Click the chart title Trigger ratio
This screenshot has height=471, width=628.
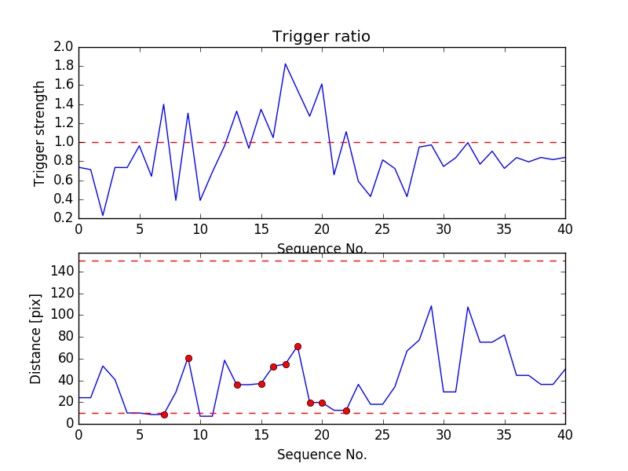click(321, 37)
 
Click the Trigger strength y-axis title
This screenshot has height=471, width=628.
click(40, 133)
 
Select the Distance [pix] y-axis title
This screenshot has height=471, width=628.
click(36, 338)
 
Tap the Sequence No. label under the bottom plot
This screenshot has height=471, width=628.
click(321, 454)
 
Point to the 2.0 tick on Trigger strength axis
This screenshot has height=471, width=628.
click(64, 47)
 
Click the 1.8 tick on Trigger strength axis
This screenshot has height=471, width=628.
click(64, 66)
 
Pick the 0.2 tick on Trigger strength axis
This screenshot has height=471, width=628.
click(64, 217)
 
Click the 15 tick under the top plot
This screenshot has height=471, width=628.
click(261, 228)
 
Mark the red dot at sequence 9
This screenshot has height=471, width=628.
click(188, 358)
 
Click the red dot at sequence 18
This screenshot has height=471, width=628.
click(298, 346)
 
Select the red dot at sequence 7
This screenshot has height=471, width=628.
click(164, 414)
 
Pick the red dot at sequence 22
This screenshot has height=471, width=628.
click(346, 411)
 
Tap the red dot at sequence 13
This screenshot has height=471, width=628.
click(237, 385)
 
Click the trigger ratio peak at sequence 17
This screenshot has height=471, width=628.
click(286, 64)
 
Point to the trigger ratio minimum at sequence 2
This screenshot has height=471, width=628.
click(103, 215)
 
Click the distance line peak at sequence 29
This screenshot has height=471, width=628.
click(431, 306)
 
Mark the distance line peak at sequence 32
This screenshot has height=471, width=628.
click(468, 307)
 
